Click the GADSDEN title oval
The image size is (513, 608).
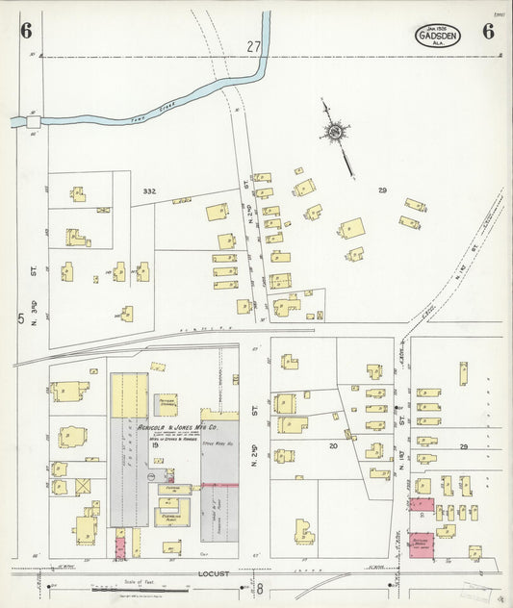(438, 36)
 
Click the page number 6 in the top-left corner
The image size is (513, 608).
(25, 31)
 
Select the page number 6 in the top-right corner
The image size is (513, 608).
(489, 31)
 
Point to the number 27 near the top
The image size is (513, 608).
(253, 46)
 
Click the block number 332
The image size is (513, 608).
(148, 191)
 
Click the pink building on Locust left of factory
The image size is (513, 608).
(120, 545)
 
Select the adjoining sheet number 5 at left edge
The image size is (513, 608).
(18, 318)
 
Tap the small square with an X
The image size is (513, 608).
(82, 487)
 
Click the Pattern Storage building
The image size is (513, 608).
(166, 405)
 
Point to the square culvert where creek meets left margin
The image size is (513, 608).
(34, 122)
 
